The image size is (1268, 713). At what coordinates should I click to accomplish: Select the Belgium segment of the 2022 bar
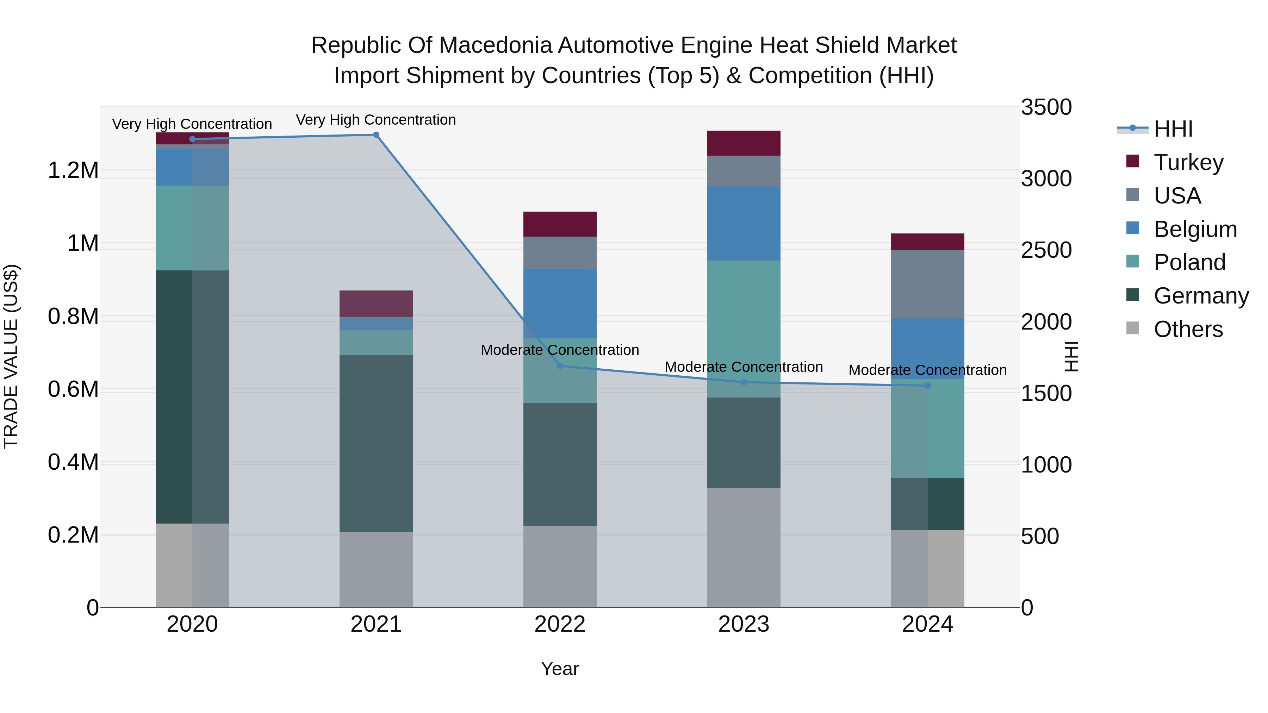560,303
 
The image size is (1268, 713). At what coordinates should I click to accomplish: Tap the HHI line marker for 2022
560,365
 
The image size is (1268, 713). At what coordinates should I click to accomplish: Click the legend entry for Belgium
1195,229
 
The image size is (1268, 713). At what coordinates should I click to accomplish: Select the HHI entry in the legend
1173,129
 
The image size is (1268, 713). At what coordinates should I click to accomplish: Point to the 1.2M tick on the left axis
73,171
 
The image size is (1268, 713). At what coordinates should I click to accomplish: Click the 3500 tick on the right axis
1046,107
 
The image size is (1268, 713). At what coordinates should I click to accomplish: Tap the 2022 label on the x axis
560,624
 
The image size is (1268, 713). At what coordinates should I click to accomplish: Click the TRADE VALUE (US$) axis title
11,356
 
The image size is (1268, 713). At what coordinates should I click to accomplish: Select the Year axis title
560,669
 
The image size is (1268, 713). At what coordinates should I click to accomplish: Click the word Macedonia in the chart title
497,45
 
